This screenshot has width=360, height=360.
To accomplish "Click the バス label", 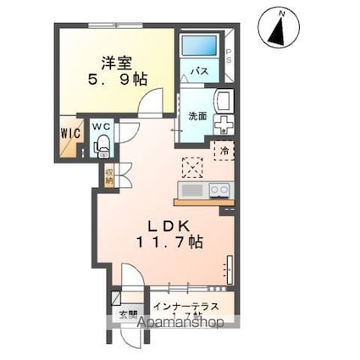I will (200, 70).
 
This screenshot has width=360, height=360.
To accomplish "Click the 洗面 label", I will (197, 117).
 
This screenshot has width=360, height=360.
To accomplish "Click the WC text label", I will (102, 128).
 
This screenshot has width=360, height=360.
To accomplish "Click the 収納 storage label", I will (108, 175).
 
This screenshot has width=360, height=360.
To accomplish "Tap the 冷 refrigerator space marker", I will (224, 151).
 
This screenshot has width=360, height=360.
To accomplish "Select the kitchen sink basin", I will (191, 190).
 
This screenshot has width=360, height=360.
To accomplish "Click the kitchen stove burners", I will (219, 190).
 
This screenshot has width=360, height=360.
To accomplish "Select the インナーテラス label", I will (186, 306).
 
